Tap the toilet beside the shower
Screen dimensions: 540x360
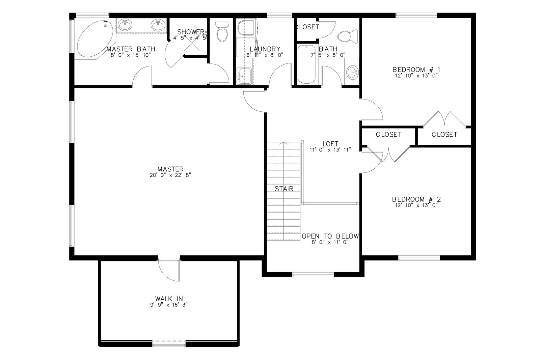click(x=222, y=32)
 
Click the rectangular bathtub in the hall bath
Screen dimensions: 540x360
click(x=307, y=64)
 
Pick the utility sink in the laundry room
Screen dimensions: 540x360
click(x=244, y=76)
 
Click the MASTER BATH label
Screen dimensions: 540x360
click(x=131, y=49)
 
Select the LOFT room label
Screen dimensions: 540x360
click(x=330, y=144)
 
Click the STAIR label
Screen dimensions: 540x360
click(x=284, y=189)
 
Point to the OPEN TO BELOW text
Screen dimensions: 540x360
click(x=330, y=236)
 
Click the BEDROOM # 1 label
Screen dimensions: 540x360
click(x=416, y=70)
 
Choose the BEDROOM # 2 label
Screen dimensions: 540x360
click(x=416, y=199)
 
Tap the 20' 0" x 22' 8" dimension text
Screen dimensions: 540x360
click(x=170, y=175)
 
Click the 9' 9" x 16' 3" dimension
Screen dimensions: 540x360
click(x=169, y=305)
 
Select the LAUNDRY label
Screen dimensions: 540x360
click(x=265, y=49)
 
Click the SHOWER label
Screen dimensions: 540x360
click(x=191, y=32)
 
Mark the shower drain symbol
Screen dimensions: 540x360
click(x=192, y=43)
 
